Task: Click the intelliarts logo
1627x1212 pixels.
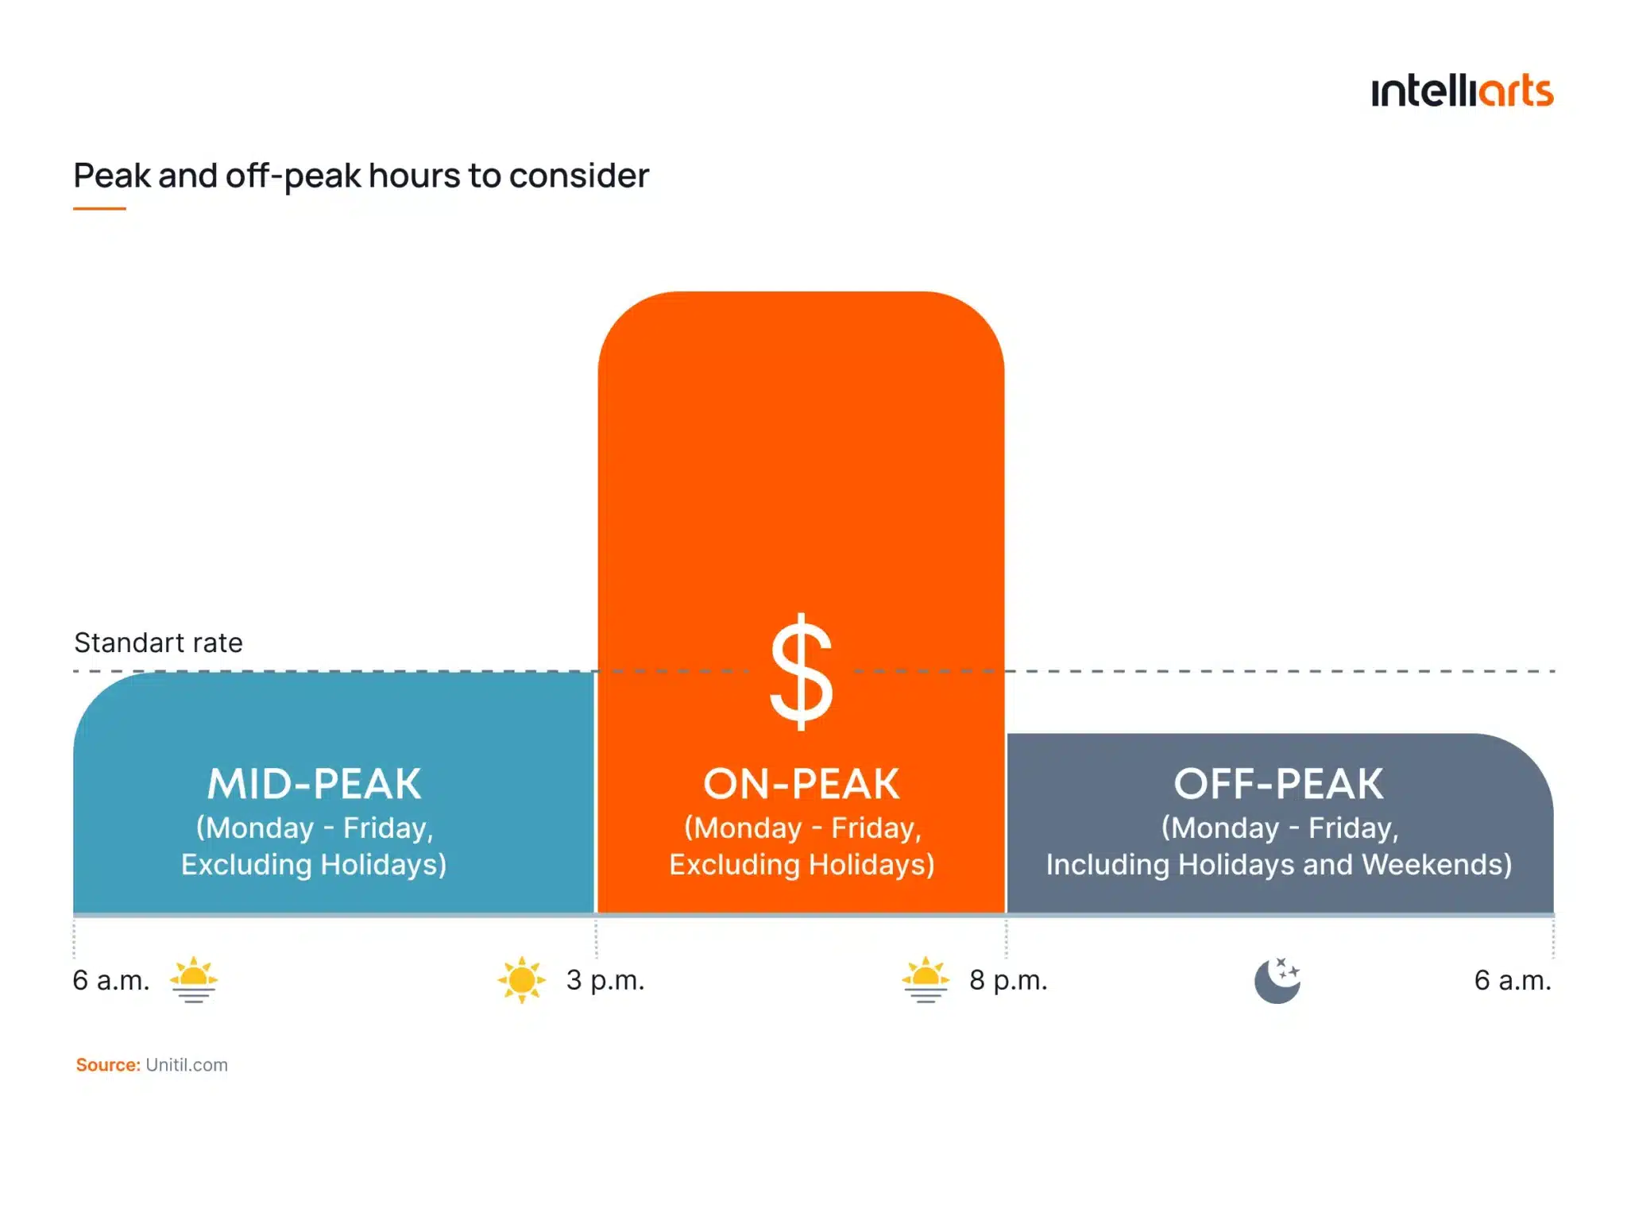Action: pyautogui.click(x=1461, y=91)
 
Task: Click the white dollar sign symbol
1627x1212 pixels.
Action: pyautogui.click(x=801, y=672)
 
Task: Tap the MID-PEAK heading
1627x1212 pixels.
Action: pyautogui.click(x=315, y=784)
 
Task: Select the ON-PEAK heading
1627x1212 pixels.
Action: pyautogui.click(x=801, y=784)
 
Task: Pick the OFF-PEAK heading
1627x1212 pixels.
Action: pyautogui.click(x=1278, y=784)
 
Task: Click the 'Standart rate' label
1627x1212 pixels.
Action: pyautogui.click(x=158, y=643)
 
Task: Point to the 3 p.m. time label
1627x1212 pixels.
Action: pyautogui.click(x=605, y=980)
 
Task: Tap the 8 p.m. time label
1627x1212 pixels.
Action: pyautogui.click(x=1008, y=980)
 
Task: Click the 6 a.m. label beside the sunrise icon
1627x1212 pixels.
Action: pyautogui.click(x=111, y=980)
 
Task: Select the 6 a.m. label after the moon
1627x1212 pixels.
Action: pyautogui.click(x=1513, y=980)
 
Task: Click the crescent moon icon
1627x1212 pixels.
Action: pyautogui.click(x=1277, y=981)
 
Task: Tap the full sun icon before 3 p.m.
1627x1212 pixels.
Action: pyautogui.click(x=521, y=980)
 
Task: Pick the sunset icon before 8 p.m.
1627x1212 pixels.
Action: pyautogui.click(x=926, y=980)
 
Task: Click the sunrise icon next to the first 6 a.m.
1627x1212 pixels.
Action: pyautogui.click(x=193, y=980)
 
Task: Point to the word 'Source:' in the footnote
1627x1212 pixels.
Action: pyautogui.click(x=108, y=1065)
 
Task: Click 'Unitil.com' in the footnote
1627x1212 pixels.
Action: pyautogui.click(x=187, y=1065)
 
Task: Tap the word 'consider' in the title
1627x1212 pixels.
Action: pyautogui.click(x=578, y=176)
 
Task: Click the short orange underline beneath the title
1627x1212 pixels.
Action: pyautogui.click(x=99, y=209)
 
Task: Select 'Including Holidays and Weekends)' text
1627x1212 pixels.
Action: pyautogui.click(x=1278, y=864)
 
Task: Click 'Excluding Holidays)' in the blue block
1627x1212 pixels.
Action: pyautogui.click(x=314, y=864)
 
